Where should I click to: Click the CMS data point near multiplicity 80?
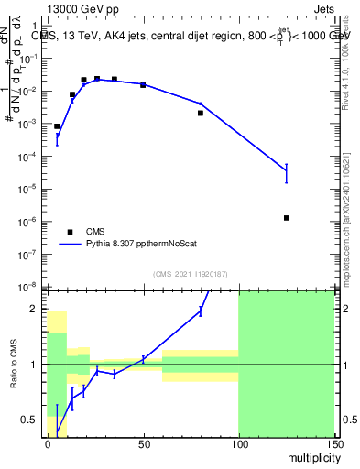tap(201, 113)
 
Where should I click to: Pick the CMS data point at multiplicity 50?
tap(143, 84)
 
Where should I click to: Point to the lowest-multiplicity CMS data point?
tap(57, 126)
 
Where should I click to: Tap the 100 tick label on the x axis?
tap(238, 442)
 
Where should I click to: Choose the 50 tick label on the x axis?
tap(143, 442)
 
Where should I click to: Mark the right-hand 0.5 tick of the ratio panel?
tap(346, 420)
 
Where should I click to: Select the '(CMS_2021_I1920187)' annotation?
tap(191, 273)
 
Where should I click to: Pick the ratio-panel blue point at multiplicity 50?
tap(143, 359)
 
